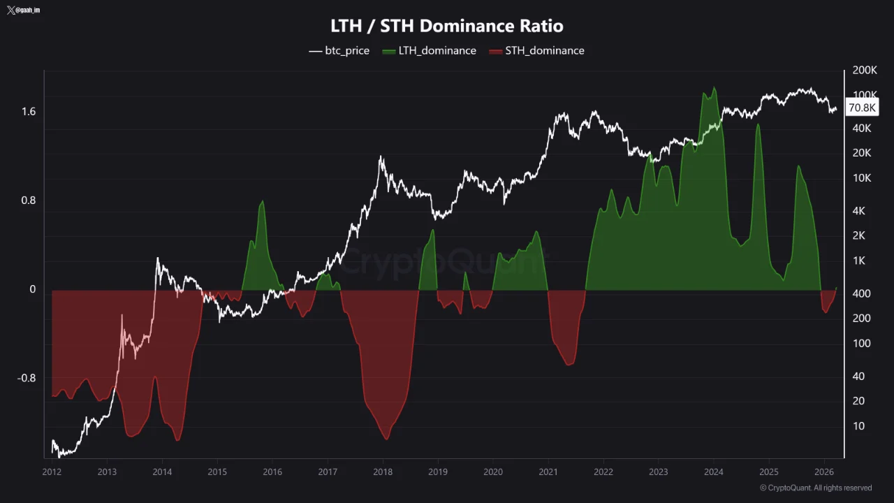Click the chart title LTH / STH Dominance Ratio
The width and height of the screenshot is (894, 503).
tap(447, 26)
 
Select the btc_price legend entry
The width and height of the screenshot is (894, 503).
tap(339, 50)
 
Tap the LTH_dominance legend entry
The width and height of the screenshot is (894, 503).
tap(430, 50)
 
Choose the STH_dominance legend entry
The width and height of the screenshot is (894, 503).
tap(536, 50)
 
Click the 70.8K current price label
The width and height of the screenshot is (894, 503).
tap(861, 108)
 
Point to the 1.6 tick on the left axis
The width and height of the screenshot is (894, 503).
tap(28, 112)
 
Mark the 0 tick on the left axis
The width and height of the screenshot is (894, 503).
tap(32, 289)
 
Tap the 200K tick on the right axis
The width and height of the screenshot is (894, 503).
tap(865, 71)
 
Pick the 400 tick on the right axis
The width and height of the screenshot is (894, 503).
tap(861, 293)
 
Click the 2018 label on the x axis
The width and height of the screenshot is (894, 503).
tap(383, 472)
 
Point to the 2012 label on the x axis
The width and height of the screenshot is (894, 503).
tap(52, 472)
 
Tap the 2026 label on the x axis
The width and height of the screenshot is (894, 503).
tap(824, 472)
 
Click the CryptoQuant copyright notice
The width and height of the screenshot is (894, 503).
tap(815, 488)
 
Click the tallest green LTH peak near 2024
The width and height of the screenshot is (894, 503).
tap(714, 88)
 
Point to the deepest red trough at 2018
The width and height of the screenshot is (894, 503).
tap(386, 439)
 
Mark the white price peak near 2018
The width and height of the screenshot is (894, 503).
tap(381, 157)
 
